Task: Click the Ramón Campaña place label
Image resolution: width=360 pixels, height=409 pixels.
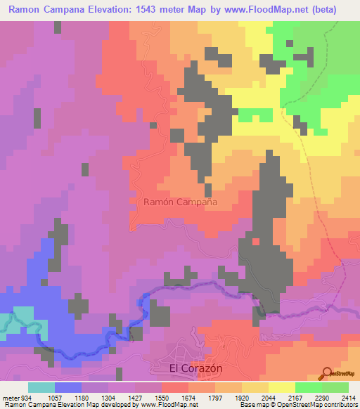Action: [180, 202]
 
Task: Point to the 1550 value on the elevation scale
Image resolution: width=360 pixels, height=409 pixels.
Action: [169, 398]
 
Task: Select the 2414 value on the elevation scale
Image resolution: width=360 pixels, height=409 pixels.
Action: [347, 398]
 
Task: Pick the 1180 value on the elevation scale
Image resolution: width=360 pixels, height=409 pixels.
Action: [82, 398]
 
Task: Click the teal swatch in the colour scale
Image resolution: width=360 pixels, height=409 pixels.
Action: [41, 387]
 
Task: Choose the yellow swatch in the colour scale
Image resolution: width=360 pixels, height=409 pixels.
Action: [282, 387]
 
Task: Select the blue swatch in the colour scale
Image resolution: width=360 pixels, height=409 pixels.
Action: [68, 387]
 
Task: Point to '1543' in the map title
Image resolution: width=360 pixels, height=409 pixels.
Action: [140, 9]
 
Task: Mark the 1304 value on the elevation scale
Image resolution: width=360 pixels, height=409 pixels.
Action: [111, 398]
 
